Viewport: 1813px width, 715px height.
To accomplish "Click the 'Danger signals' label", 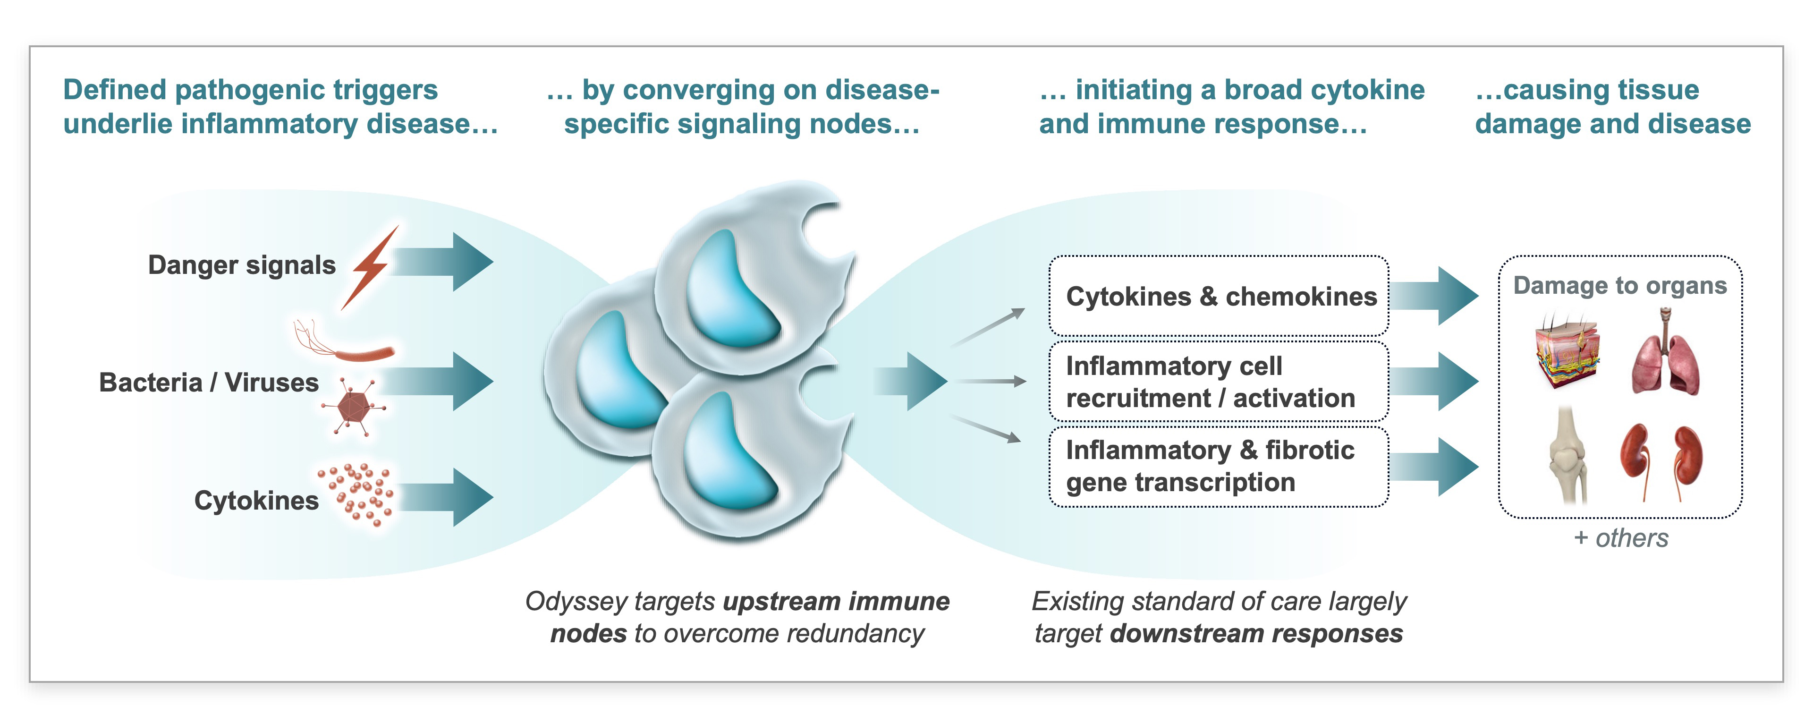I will pos(241,265).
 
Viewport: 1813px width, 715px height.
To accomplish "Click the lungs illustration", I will pos(1665,359).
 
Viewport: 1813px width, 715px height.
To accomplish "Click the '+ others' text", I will pos(1621,538).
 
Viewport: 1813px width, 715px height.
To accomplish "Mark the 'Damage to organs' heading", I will pos(1620,286).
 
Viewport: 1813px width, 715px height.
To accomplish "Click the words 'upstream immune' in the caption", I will pos(836,602).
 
